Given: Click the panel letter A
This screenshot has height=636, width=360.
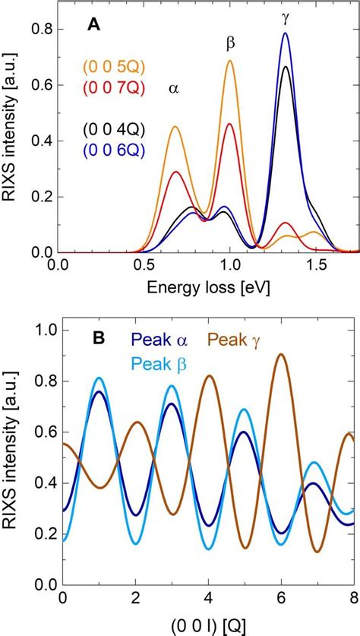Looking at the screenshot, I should coord(95,25).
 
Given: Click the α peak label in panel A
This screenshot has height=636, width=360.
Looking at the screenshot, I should coord(174,89).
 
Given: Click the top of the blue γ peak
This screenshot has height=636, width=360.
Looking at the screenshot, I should coord(286,33).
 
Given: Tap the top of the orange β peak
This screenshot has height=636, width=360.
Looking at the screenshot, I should coord(229,62).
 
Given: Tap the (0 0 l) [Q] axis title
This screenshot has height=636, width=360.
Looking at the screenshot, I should coord(201,625).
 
